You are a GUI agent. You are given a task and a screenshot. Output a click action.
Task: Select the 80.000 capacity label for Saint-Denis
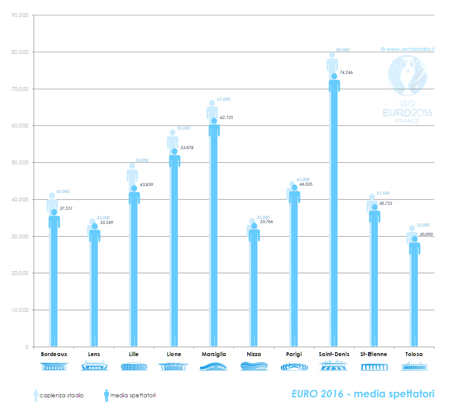tap(343, 50)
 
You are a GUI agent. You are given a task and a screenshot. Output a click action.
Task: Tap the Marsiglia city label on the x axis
tap(214, 354)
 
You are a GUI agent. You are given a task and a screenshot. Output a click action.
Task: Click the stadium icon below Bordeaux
tap(54, 367)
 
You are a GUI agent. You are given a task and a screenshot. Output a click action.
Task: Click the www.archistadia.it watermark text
tap(407, 49)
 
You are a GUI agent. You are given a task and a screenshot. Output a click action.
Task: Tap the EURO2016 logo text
tap(408, 113)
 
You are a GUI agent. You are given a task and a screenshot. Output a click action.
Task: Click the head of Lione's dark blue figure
tap(175, 152)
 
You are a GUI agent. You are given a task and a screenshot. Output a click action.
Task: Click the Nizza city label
tap(254, 354)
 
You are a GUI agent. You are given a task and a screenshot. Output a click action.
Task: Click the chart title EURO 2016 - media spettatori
tap(363, 394)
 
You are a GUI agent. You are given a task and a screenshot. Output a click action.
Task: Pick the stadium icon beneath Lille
tap(134, 367)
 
